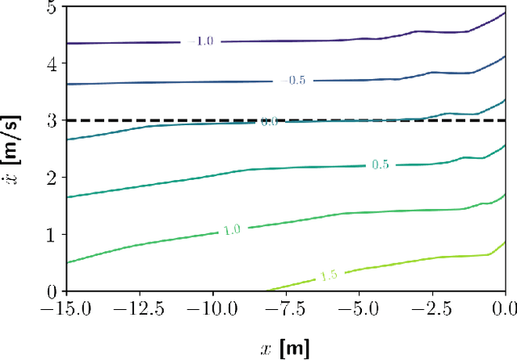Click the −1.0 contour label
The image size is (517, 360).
click(200, 40)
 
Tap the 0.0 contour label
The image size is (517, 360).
click(269, 122)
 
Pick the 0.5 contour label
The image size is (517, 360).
click(381, 165)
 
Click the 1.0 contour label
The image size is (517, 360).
click(233, 230)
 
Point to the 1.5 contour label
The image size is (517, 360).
click(329, 275)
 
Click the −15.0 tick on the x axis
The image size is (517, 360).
click(64, 308)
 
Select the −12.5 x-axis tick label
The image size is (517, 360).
click(138, 308)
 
